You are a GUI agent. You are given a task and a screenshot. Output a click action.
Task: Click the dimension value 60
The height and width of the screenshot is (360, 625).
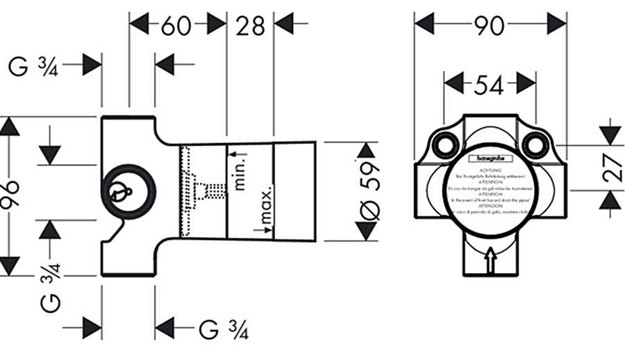coord(176,26)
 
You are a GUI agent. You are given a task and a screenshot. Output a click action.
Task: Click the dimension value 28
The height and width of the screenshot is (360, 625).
coord(251,26)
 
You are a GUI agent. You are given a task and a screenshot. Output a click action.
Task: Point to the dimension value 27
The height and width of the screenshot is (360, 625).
coord(612,167)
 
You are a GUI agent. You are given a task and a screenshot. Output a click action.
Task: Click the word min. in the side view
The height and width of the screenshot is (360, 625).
coord(240,173)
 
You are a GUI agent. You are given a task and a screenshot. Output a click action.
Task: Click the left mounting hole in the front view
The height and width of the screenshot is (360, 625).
coord(444,145)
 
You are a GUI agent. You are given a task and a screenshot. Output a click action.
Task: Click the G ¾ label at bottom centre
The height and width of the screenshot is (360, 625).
coord(224,329)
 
